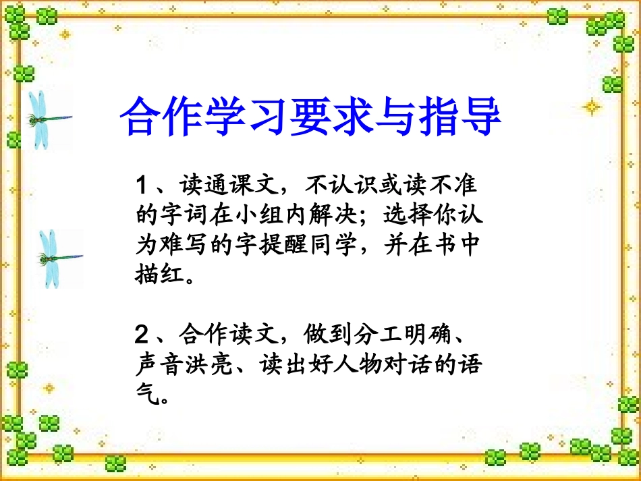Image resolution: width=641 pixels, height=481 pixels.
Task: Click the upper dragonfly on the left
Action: (45, 119)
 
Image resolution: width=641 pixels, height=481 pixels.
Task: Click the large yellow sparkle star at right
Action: (591, 107)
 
